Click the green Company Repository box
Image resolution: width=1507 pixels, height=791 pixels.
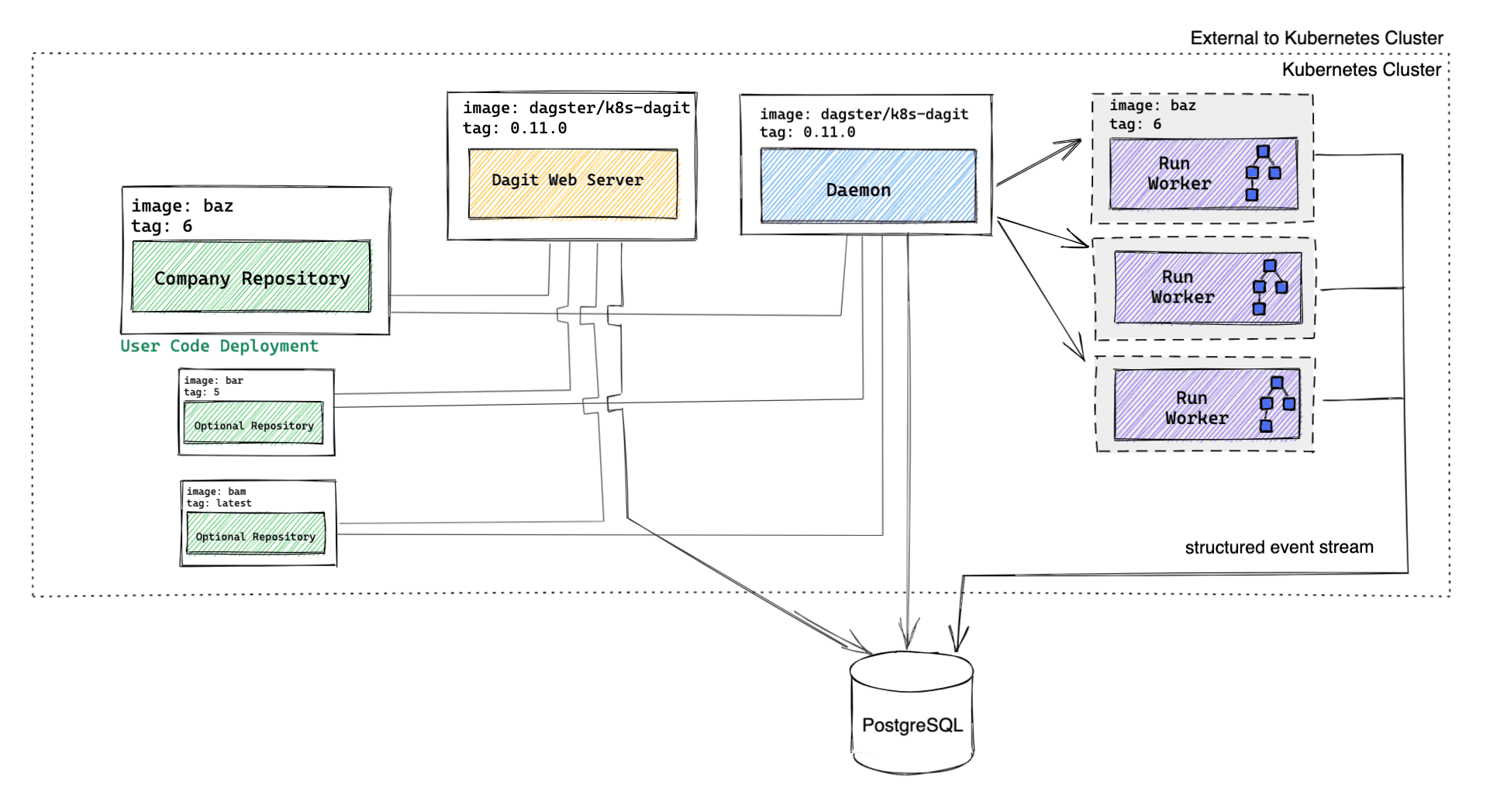251,277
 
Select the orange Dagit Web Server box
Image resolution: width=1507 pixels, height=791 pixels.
573,183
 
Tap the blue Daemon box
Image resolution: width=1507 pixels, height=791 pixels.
868,186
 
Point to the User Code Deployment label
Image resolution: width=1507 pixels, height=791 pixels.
219,346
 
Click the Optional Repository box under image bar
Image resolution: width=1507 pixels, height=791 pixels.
253,423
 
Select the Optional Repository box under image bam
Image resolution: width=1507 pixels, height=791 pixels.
256,534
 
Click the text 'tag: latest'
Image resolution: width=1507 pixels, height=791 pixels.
219,503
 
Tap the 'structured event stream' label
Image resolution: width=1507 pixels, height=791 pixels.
1278,547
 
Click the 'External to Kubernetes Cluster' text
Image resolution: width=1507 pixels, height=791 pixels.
1316,38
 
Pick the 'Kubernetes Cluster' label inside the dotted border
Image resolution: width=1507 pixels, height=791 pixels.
1360,70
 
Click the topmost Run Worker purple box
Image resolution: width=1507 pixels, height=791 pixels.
1203,174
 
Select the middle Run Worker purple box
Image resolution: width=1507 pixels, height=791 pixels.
1207,287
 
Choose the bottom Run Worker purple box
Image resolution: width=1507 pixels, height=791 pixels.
1206,405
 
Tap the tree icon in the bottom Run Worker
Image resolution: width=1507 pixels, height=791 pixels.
1276,404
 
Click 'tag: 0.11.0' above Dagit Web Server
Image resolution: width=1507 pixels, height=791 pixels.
515,128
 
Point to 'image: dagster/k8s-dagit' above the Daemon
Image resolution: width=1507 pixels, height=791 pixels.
864,114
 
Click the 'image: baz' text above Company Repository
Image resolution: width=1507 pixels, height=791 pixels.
182,206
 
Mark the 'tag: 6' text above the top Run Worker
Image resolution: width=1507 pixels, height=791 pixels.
1135,124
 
